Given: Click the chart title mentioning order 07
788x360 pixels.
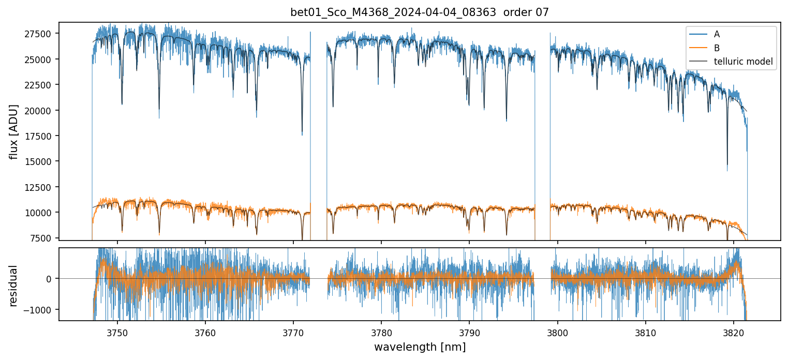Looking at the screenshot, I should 420,12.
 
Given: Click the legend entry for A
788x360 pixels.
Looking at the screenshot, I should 717,34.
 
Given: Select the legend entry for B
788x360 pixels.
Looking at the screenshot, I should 717,48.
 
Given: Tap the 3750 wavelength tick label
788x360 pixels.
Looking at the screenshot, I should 117,331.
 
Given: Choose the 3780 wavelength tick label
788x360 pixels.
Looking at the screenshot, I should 381,331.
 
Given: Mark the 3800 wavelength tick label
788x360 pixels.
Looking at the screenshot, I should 558,331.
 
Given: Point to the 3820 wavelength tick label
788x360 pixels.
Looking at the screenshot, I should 734,331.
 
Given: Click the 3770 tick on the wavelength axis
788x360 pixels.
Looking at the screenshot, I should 293,331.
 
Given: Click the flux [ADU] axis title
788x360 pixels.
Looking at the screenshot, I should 13,131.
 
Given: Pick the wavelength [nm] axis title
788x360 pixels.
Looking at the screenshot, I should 420,347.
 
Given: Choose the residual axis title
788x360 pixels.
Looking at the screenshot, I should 13,286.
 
